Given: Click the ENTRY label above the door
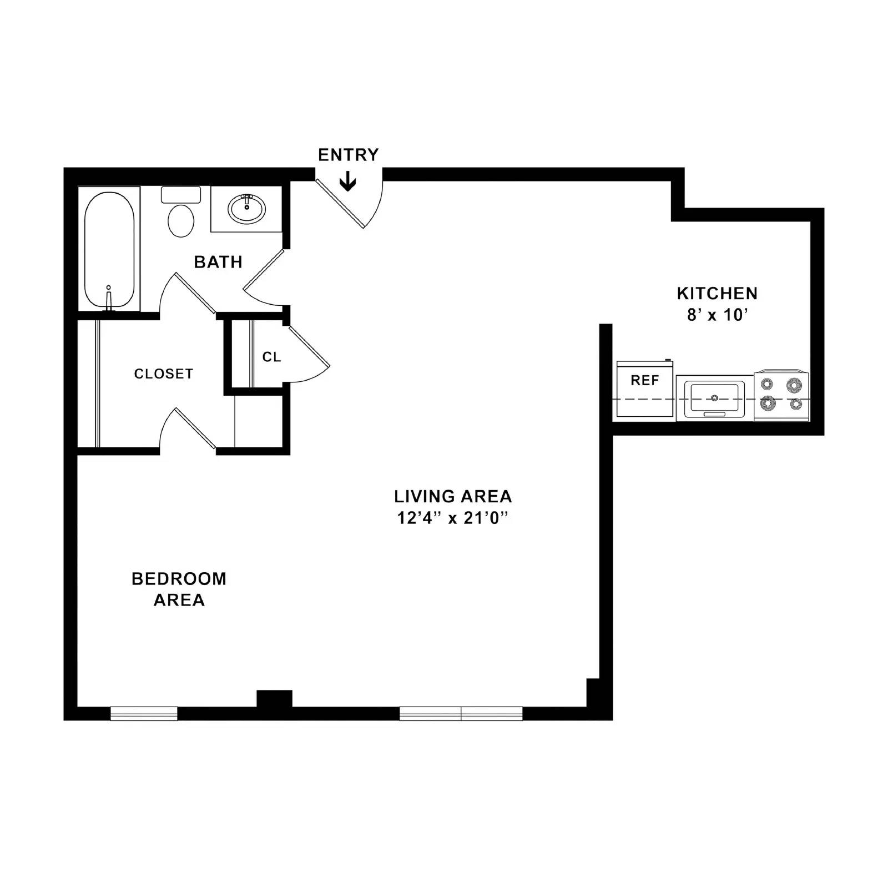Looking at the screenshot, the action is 348,155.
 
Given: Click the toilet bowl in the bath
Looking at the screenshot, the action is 181,220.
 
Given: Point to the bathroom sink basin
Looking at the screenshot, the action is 246,209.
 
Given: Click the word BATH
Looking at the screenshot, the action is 218,262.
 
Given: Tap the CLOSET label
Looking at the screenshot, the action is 164,374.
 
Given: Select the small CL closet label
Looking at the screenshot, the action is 271,357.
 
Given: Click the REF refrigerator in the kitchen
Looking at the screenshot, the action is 645,389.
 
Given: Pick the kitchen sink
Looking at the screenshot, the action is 714,398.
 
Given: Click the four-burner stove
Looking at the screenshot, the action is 781,395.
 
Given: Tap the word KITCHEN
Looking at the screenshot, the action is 717,293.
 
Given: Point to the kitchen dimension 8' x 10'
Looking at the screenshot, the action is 718,315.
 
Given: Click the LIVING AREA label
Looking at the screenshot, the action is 453,496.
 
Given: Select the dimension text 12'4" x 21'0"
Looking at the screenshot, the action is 453,518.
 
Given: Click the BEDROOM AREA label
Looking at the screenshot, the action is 179,589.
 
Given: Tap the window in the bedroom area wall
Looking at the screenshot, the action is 144,713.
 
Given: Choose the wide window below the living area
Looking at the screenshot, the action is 461,713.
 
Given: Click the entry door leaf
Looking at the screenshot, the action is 340,203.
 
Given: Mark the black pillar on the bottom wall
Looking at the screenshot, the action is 274,699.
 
